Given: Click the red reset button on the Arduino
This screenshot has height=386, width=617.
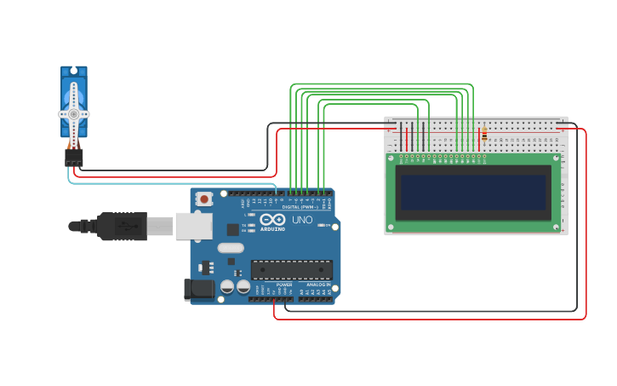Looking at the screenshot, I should [x=204, y=199].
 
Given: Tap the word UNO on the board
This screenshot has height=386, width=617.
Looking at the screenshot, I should [x=302, y=220].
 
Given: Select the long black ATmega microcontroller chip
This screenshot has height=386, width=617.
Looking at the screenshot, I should [x=291, y=270].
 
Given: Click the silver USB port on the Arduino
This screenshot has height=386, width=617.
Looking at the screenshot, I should [x=193, y=226].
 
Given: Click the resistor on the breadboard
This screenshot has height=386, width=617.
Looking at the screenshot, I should [x=484, y=135].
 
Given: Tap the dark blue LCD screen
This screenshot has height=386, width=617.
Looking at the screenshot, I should [x=474, y=193].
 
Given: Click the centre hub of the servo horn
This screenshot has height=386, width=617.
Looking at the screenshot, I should [x=73, y=113].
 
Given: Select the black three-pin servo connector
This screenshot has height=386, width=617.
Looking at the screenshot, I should [x=74, y=158].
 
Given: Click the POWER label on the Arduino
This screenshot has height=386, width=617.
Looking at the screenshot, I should [x=284, y=285].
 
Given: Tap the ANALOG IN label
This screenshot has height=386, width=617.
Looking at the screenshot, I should [x=318, y=285].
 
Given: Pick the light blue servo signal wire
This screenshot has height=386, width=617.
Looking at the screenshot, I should [x=170, y=183].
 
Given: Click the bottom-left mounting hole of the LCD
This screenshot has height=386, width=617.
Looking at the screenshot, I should [x=391, y=227].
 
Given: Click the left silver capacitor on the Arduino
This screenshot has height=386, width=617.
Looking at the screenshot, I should [x=227, y=287].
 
